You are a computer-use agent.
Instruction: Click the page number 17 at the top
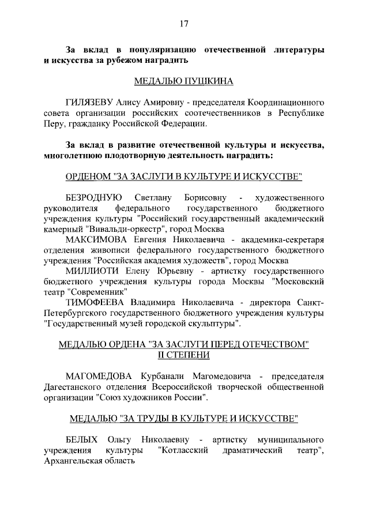click(x=184, y=24)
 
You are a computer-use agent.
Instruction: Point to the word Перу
click(x=54, y=123)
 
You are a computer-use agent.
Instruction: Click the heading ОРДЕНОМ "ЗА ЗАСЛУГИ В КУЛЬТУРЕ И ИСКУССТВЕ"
click(x=184, y=176)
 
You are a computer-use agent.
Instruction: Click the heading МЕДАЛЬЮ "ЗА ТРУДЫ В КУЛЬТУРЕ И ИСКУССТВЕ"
click(x=184, y=418)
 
